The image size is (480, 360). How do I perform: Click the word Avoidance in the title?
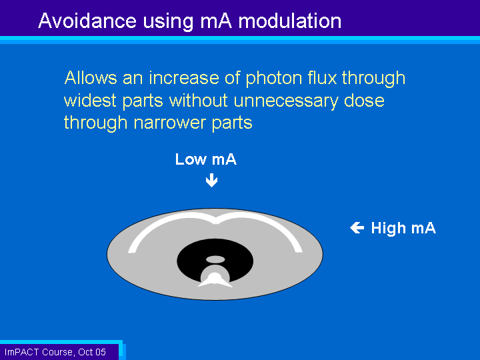click(87, 21)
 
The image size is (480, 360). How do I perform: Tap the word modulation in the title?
click(289, 21)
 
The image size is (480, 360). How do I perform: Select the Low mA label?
click(206, 159)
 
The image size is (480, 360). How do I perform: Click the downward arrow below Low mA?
click(211, 180)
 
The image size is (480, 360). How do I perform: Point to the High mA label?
click(403, 228)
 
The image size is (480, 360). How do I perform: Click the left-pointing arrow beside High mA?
click(357, 227)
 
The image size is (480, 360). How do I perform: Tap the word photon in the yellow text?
click(274, 79)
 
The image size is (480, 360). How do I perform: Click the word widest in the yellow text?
click(90, 100)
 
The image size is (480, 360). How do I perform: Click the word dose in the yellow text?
click(364, 100)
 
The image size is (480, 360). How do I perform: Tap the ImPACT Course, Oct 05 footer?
click(55, 352)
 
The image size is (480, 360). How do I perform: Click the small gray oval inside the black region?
click(215, 260)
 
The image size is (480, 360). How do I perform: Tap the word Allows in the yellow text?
click(91, 78)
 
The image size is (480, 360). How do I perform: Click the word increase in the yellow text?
click(184, 78)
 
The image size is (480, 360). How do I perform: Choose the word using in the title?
click(168, 22)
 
